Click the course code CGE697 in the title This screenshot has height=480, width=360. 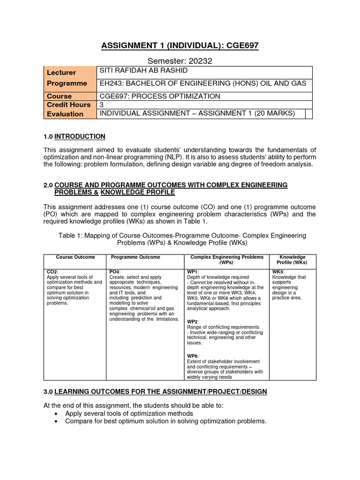(x=236, y=45)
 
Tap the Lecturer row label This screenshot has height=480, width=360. (x=61, y=73)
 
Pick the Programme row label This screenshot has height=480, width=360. (x=67, y=83)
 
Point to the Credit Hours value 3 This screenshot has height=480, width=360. (x=102, y=105)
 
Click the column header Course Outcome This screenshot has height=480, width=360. (x=75, y=257)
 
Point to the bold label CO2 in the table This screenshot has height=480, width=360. (x=52, y=272)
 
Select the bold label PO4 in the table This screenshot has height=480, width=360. (x=114, y=272)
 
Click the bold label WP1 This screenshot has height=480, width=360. (x=193, y=272)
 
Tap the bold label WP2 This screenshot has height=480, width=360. (x=193, y=322)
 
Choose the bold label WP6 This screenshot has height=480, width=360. (x=193, y=356)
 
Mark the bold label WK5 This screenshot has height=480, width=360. (x=278, y=272)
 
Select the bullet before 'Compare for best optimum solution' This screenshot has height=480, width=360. (x=56, y=421)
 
